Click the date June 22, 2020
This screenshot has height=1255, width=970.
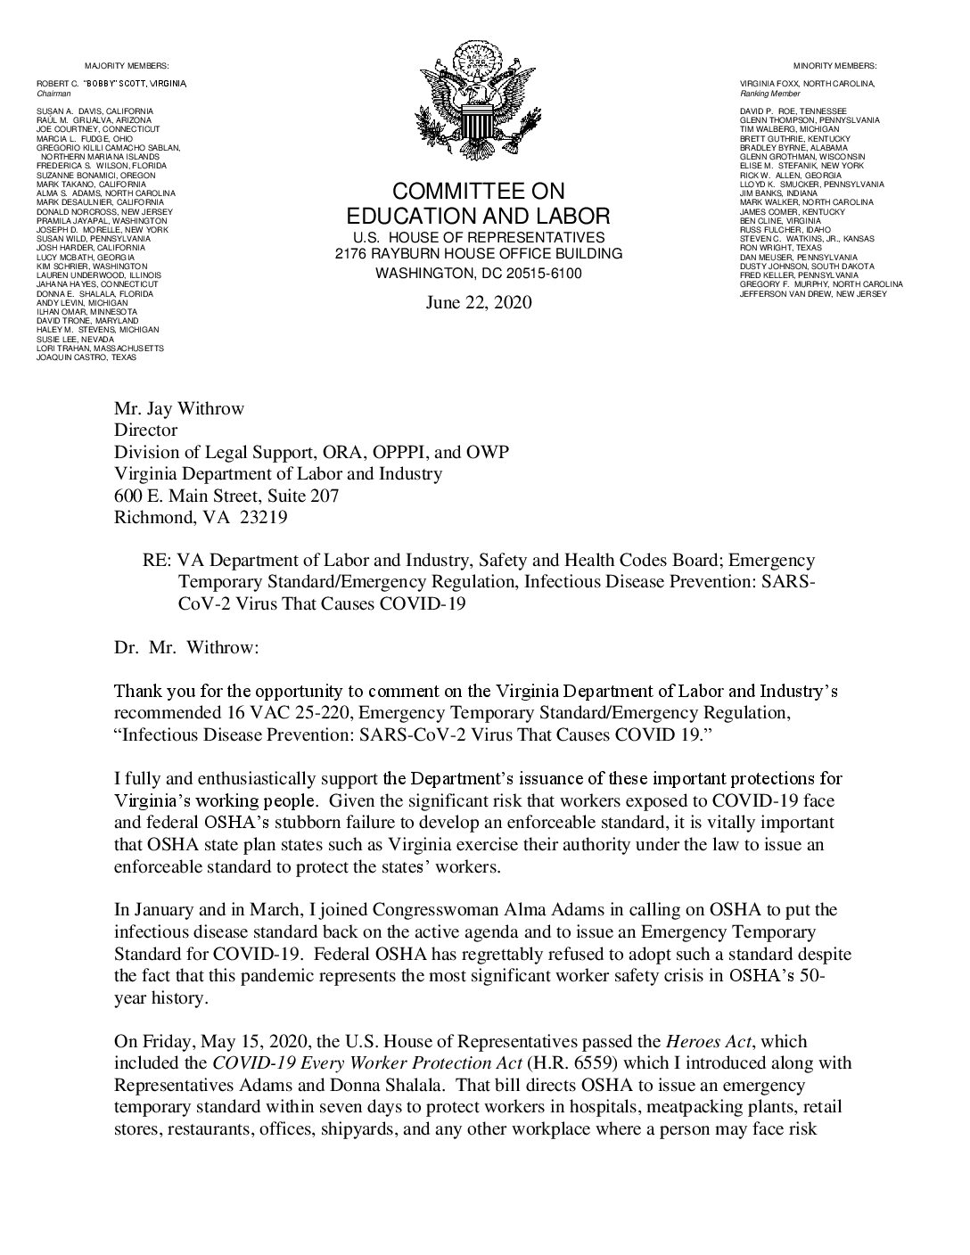click(x=479, y=303)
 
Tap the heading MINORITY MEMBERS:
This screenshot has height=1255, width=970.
click(x=834, y=66)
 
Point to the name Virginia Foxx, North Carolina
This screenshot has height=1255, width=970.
click(x=808, y=83)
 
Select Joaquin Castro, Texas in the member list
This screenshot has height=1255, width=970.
click(x=86, y=357)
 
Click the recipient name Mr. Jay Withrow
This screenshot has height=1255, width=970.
click(x=178, y=409)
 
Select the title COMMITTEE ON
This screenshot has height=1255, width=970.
click(x=479, y=192)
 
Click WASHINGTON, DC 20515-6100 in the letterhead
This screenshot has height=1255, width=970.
click(x=479, y=274)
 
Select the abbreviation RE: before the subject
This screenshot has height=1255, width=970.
click(x=157, y=561)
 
